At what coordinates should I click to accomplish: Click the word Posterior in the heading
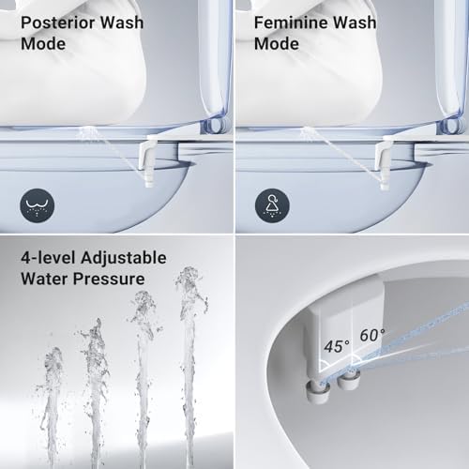[53, 23]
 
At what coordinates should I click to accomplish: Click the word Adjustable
[122, 257]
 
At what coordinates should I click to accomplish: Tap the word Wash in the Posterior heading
[123, 23]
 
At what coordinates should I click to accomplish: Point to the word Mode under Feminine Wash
[276, 43]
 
